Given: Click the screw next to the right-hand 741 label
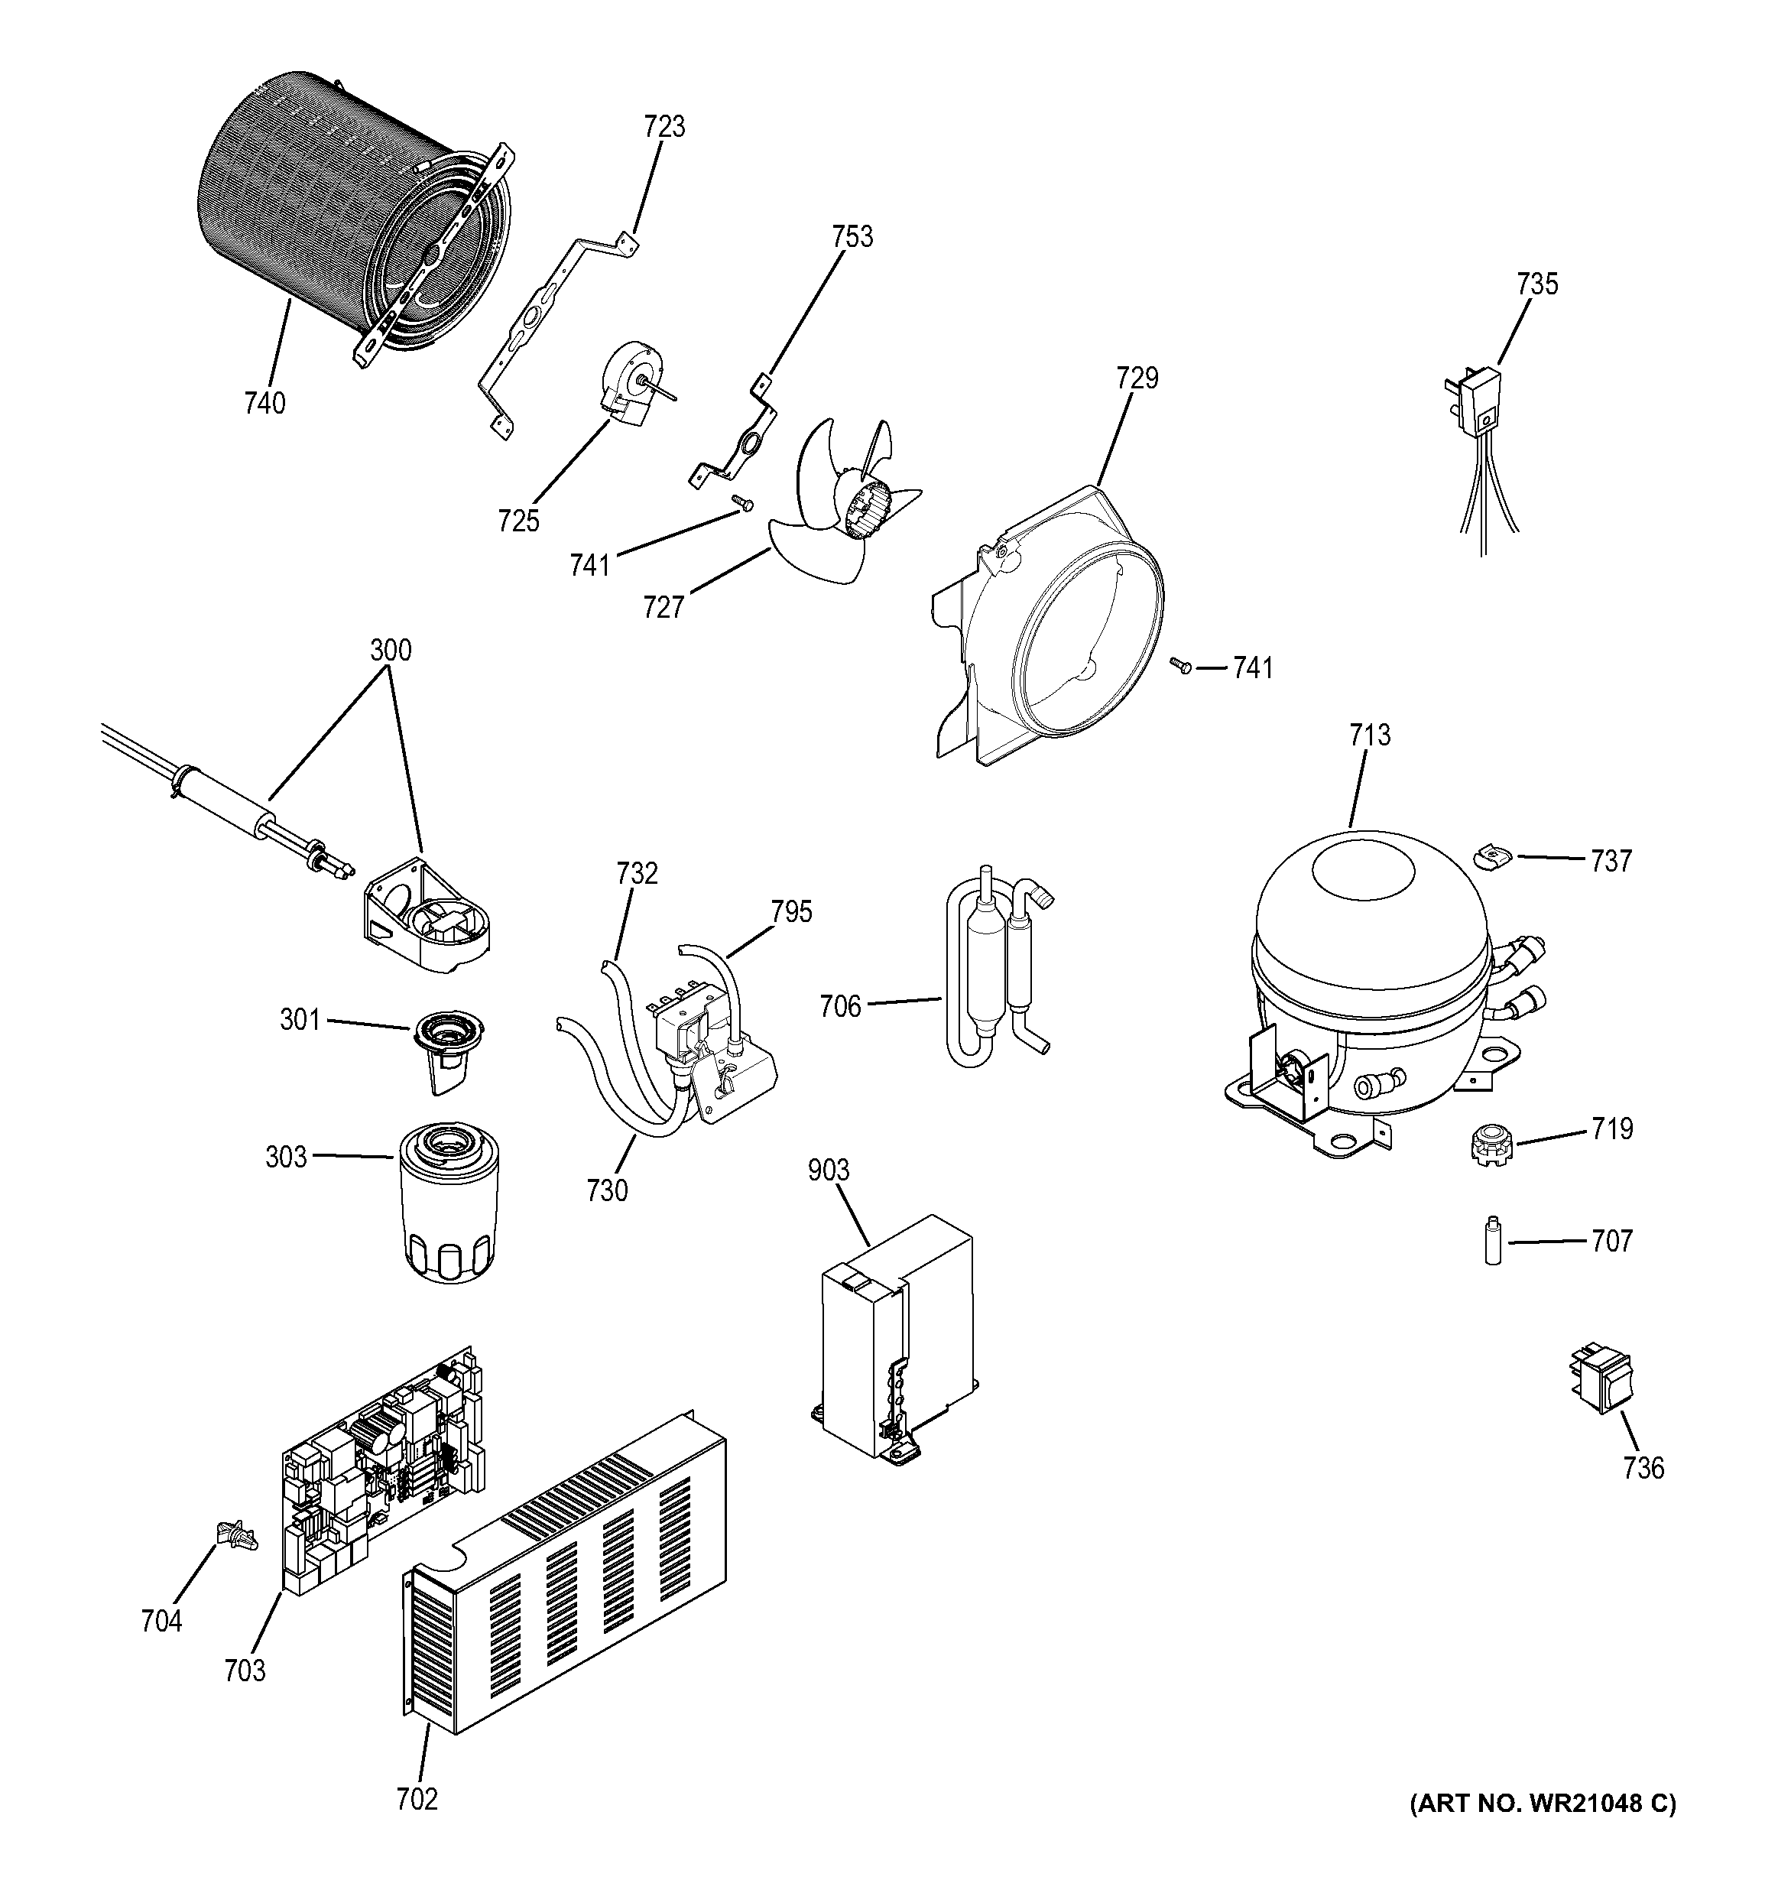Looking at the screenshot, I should [1180, 667].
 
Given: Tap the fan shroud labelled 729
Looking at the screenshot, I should [1056, 628].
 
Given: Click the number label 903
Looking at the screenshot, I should [828, 1171].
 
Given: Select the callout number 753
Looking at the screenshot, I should [852, 236].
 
